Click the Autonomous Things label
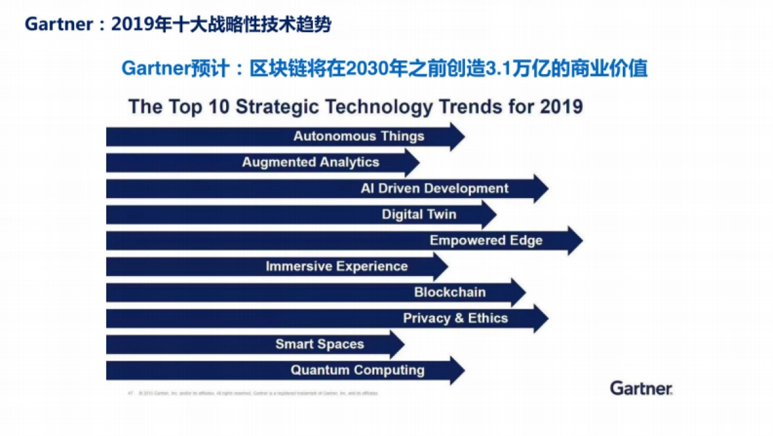click(359, 136)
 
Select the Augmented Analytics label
click(310, 162)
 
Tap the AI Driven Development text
click(434, 188)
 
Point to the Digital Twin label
click(419, 214)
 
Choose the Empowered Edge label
click(486, 241)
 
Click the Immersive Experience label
click(336, 266)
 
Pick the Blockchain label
click(450, 292)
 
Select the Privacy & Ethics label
click(455, 318)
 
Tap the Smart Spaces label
click(320, 344)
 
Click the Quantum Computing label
click(358, 370)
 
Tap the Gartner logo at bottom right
click(641, 388)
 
